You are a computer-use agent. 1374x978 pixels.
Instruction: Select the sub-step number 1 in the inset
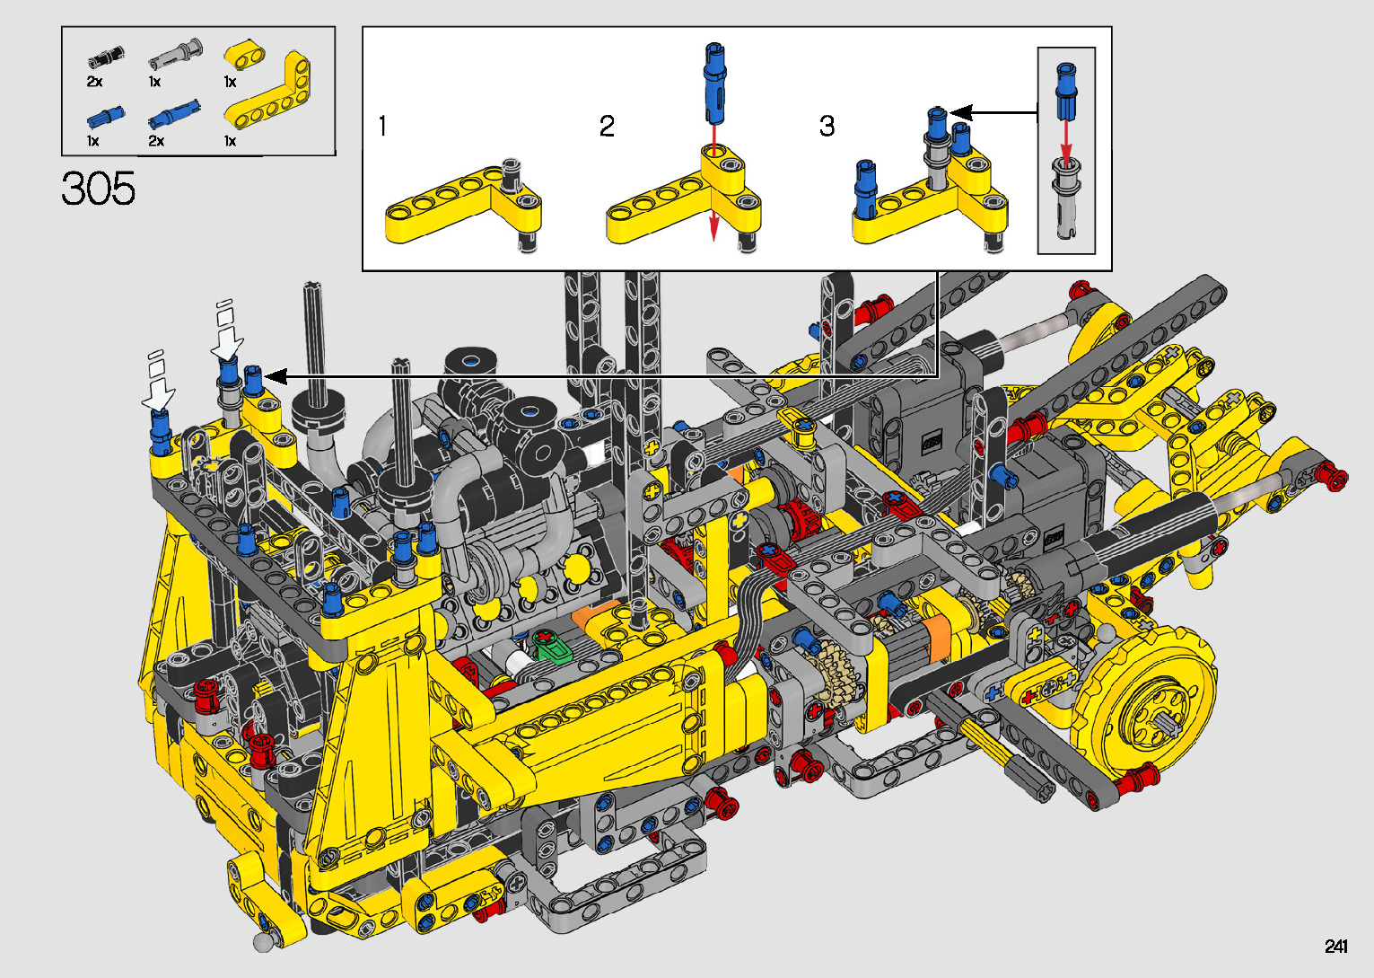click(x=382, y=126)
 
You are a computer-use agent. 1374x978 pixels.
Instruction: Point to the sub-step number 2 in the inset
click(x=607, y=126)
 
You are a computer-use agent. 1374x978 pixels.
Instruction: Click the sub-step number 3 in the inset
click(x=827, y=126)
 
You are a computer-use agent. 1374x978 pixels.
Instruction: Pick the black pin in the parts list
click(x=106, y=57)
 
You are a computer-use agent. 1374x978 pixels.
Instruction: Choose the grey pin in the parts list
click(x=175, y=54)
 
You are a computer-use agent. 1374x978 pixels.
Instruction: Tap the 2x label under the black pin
click(x=94, y=82)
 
